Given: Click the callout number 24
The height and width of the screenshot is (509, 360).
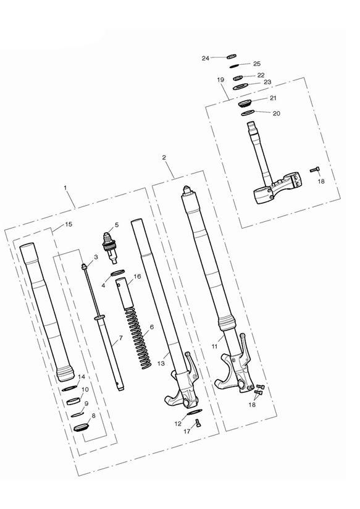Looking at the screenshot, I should pyautogui.click(x=206, y=58).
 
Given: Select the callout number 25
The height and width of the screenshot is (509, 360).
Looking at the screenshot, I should pyautogui.click(x=257, y=64).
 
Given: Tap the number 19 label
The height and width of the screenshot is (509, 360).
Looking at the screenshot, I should pyautogui.click(x=220, y=80).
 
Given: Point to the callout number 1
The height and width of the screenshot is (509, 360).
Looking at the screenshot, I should pyautogui.click(x=66, y=187).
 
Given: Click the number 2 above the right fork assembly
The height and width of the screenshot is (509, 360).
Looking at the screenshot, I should pyautogui.click(x=164, y=158).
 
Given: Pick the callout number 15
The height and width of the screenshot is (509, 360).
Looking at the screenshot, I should pyautogui.click(x=68, y=224).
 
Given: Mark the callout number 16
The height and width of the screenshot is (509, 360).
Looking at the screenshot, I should pyautogui.click(x=137, y=277).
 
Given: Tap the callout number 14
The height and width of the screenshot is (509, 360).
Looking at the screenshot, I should pyautogui.click(x=81, y=376).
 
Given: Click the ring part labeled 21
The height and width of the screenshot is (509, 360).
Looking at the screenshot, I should pyautogui.click(x=245, y=101).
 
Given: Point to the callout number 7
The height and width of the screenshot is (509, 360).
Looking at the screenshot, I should pyautogui.click(x=120, y=338).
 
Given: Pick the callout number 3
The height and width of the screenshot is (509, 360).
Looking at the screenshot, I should pyautogui.click(x=96, y=257).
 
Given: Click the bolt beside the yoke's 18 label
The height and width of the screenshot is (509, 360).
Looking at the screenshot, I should pyautogui.click(x=313, y=169).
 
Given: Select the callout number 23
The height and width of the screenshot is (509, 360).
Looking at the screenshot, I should pyautogui.click(x=267, y=82).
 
